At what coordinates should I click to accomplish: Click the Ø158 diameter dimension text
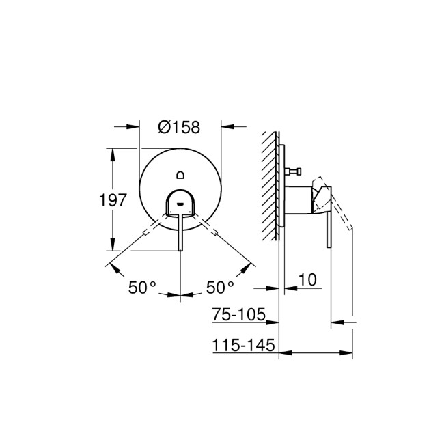point(180,126)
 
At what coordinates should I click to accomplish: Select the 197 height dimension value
point(113,200)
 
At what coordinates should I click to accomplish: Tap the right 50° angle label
point(219,288)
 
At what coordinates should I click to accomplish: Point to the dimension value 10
point(307,279)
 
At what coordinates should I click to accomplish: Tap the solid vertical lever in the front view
point(180,232)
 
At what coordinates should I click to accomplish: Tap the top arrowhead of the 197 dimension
point(113,149)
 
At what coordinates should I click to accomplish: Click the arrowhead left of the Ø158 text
point(135,126)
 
